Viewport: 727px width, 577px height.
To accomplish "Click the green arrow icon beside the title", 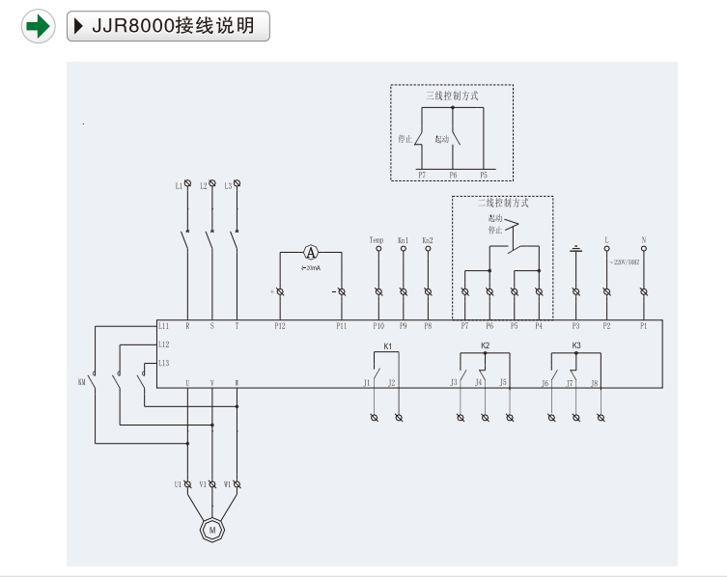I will [x=37, y=26].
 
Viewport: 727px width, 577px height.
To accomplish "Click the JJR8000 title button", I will [x=168, y=26].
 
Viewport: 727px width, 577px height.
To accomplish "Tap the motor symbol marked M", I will [x=211, y=529].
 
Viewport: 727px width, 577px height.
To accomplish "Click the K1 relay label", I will [x=388, y=344].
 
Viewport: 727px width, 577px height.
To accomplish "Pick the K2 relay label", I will [x=486, y=344].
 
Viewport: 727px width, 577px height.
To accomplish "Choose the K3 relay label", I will [x=576, y=344].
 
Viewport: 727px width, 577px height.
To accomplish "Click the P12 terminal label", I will [x=280, y=327].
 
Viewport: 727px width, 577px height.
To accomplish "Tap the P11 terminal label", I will [x=341, y=327].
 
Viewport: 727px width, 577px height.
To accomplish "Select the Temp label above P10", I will [x=377, y=239].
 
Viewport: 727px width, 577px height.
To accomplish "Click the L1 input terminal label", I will [x=179, y=185].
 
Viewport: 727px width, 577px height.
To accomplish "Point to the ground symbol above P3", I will [x=575, y=248].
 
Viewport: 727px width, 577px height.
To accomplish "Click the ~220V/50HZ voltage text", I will [x=625, y=261].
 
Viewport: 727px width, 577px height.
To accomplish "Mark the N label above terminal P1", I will [x=643, y=239].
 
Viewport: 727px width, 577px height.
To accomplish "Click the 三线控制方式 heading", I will [x=452, y=96].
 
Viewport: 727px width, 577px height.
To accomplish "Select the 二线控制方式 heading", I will [x=502, y=204].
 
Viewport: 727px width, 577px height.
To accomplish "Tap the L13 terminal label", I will [x=164, y=363].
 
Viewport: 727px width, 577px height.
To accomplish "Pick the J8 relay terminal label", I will [x=594, y=383].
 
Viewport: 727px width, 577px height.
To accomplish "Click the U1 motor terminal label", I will [x=179, y=483].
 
